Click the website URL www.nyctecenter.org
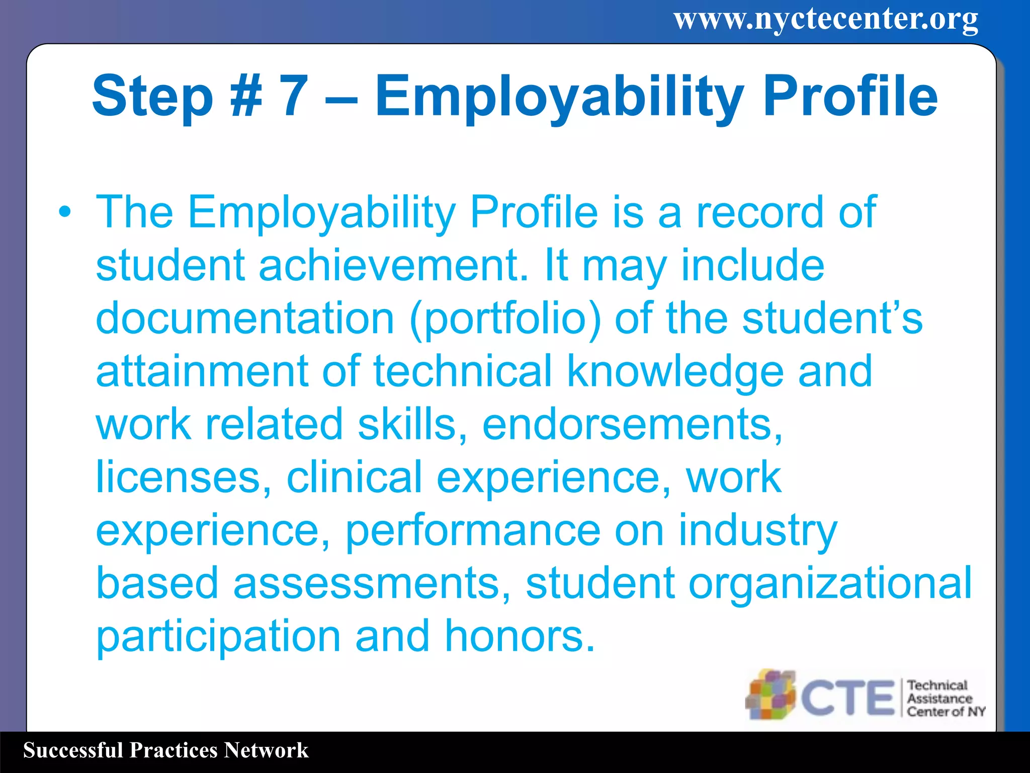click(826, 20)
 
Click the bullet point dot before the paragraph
click(65, 212)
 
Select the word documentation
click(245, 319)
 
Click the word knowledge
click(675, 372)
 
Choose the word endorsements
click(632, 425)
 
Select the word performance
click(473, 532)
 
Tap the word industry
click(757, 531)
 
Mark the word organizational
click(829, 584)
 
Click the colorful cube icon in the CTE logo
click(770, 694)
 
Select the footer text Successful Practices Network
click(165, 750)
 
